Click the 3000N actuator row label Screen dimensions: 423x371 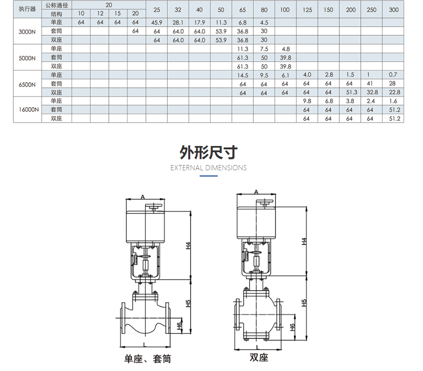pos(27,31)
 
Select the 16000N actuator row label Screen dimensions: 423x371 pos(29,109)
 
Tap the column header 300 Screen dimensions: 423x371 pos(394,10)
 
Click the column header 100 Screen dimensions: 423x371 pos(285,10)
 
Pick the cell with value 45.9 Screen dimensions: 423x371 pos(157,22)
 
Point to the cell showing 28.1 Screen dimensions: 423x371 pos(178,22)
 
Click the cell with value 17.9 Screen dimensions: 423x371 pos(200,22)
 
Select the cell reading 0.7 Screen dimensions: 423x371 pos(393,75)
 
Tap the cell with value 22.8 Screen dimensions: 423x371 pos(394,92)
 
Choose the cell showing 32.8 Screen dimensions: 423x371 pos(372,92)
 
